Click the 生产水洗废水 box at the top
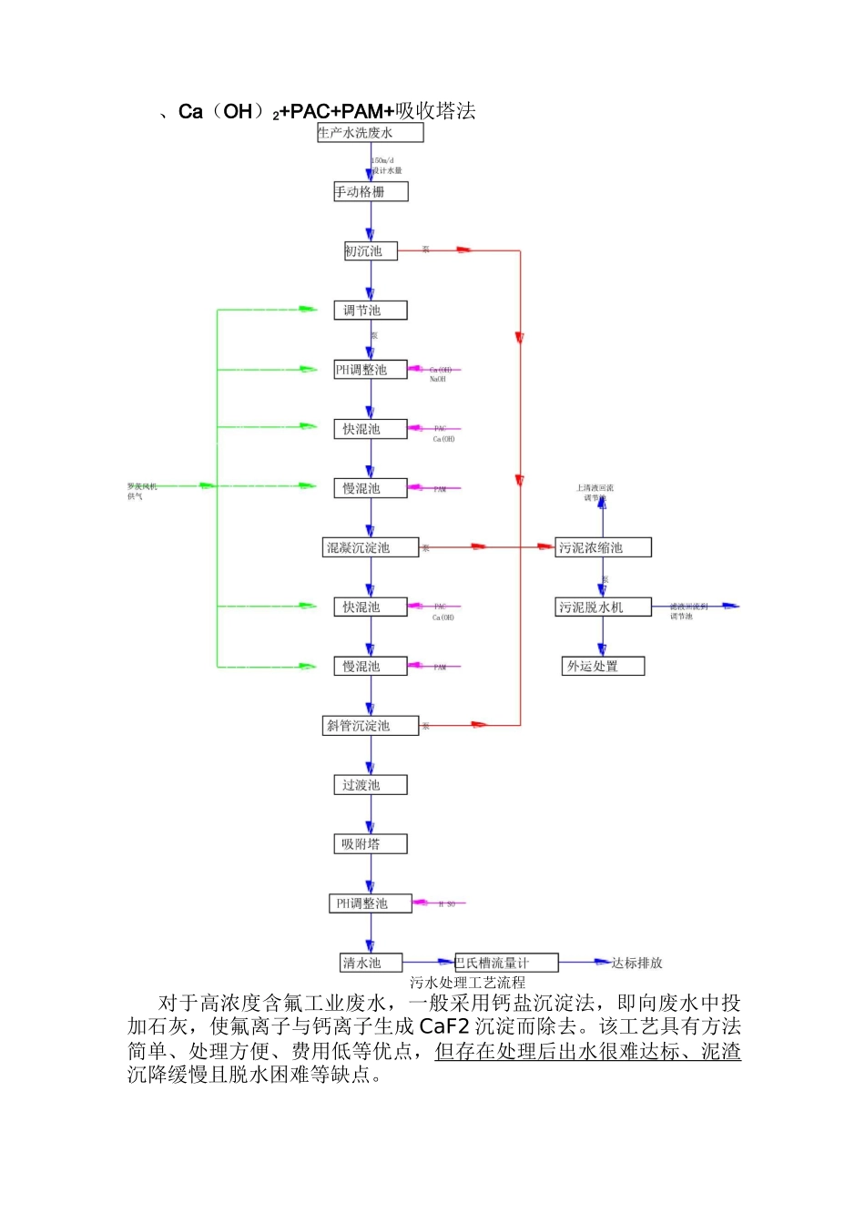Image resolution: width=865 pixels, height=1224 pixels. click(x=370, y=133)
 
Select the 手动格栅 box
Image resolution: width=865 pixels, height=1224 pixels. click(x=371, y=192)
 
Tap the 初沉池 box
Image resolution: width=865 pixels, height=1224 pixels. click(x=370, y=251)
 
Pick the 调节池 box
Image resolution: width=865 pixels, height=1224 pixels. click(x=370, y=311)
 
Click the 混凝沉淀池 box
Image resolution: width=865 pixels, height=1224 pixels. click(x=371, y=547)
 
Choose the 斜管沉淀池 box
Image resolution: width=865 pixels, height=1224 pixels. click(x=371, y=726)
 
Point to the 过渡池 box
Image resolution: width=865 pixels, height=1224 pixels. click(x=370, y=785)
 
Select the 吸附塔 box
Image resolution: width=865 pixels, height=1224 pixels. click(x=370, y=844)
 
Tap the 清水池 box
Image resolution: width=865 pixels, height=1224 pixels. click(x=371, y=963)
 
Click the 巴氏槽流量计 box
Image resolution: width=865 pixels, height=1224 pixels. click(x=505, y=963)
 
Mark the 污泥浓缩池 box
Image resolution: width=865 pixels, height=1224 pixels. click(x=603, y=547)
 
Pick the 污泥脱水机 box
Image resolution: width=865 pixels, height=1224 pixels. click(x=603, y=607)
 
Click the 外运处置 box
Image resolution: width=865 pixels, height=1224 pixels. click(x=603, y=666)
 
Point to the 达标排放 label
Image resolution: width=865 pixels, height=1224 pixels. click(x=636, y=963)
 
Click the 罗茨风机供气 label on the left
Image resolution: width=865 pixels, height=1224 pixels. click(x=142, y=491)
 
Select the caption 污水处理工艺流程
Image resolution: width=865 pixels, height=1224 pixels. click(x=467, y=983)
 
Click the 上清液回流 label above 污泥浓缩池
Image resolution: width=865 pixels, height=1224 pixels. click(x=595, y=488)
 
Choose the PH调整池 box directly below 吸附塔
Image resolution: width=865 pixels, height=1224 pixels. click(x=370, y=903)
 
